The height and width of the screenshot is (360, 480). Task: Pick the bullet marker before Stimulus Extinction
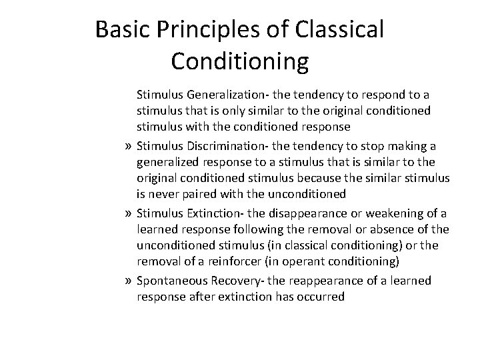coord(126,213)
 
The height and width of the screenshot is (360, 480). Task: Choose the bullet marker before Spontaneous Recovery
coord(126,281)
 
